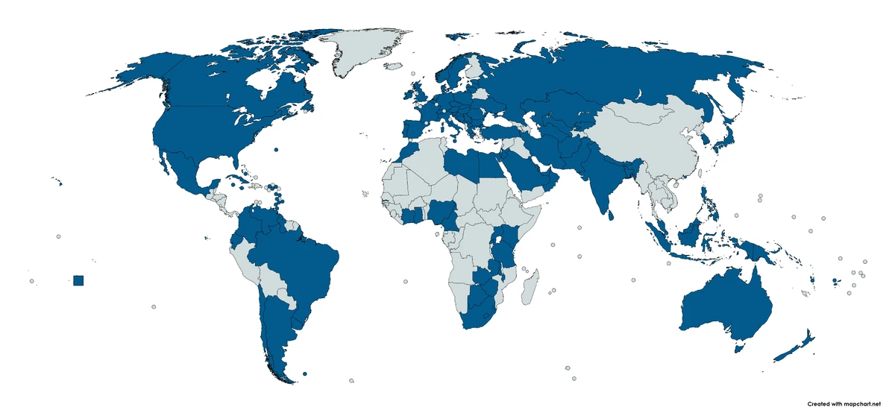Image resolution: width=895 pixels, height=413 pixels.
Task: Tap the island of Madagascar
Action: (x=529, y=288)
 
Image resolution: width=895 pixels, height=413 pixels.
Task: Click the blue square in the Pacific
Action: (x=79, y=280)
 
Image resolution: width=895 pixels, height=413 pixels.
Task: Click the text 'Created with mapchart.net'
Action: (x=849, y=403)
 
